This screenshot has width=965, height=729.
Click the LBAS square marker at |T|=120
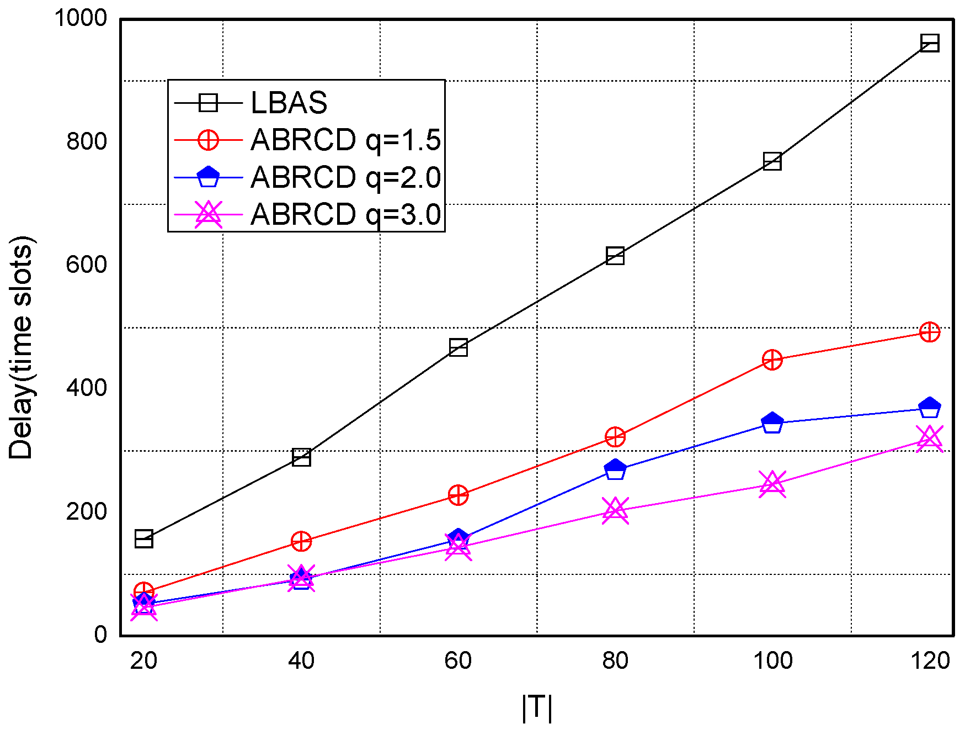coord(930,43)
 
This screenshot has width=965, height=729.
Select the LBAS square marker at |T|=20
coord(144,538)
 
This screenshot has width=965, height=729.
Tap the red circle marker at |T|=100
coord(772,360)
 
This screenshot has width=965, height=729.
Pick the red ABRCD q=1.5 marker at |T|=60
coord(458,495)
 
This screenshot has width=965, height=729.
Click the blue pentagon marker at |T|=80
coord(615,469)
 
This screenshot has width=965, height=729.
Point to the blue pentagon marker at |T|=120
coord(930,408)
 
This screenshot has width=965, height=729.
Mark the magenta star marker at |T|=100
coord(772,484)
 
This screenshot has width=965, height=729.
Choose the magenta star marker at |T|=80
coord(615,510)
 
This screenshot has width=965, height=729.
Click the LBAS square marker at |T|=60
coord(458,347)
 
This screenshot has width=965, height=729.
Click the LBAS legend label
coord(289,103)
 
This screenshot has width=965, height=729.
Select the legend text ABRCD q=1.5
coord(346,140)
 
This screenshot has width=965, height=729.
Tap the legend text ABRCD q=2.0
coord(346,177)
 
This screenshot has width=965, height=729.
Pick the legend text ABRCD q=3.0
coord(346,214)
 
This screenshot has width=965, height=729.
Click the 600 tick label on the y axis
coord(87,265)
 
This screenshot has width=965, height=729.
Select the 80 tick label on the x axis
coord(615,661)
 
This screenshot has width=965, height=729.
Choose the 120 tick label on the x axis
coord(930,661)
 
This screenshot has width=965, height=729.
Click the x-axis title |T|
coord(537,707)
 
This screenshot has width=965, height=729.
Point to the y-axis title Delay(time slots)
coord(22,348)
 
